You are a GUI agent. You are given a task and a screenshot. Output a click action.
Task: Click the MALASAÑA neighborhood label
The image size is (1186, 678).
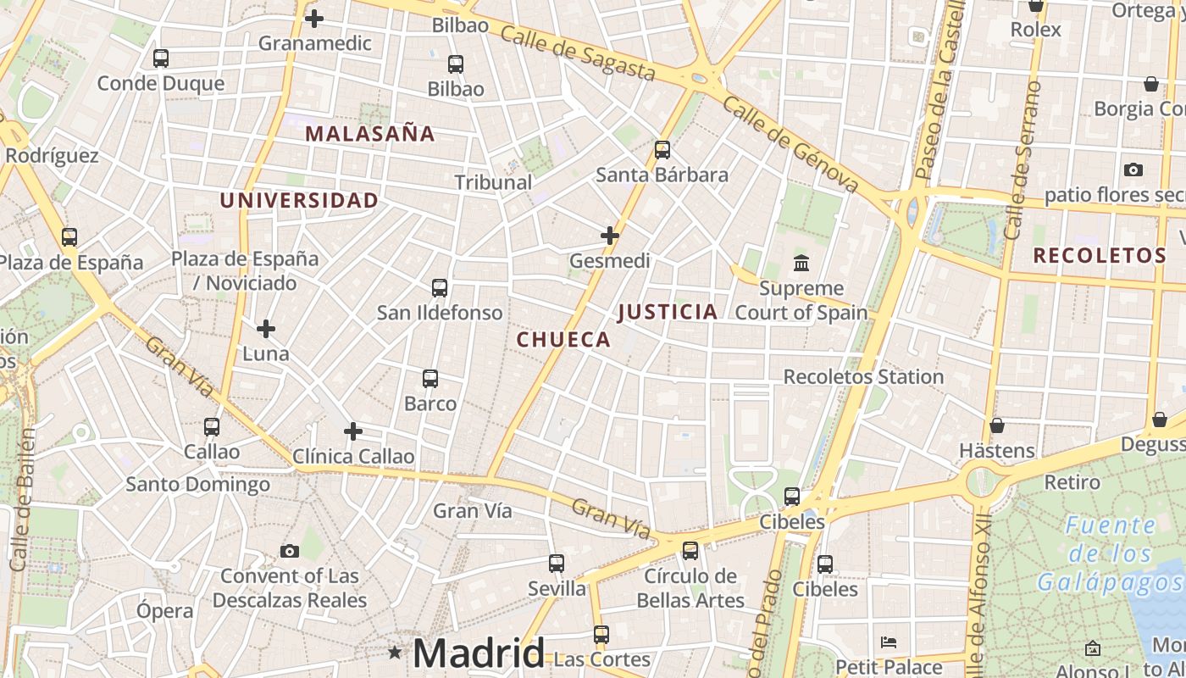click(x=370, y=133)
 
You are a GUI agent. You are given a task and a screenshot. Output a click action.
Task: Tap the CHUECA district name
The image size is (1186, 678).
click(x=563, y=340)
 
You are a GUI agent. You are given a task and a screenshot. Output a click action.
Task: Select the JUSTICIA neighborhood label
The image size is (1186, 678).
click(x=668, y=312)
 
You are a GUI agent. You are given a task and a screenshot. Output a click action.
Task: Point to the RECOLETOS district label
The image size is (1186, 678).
click(x=1100, y=255)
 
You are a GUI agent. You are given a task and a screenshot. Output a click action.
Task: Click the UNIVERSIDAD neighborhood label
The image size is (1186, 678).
click(x=299, y=200)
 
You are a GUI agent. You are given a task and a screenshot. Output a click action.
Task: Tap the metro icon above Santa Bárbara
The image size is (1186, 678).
click(x=662, y=150)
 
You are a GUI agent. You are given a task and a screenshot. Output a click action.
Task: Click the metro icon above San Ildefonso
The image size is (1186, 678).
click(x=439, y=287)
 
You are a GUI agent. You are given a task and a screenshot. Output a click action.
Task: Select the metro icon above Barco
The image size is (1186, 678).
click(x=430, y=378)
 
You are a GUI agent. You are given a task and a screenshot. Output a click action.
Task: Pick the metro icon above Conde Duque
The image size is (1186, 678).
click(x=161, y=58)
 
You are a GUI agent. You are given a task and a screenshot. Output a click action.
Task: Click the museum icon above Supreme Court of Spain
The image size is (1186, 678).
click(x=801, y=263)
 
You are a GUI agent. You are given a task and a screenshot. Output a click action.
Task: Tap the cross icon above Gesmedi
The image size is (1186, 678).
click(x=610, y=235)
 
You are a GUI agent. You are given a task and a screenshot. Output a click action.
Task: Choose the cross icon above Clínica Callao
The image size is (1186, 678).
click(x=353, y=431)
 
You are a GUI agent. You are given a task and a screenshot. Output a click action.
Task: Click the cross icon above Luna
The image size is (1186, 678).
click(x=266, y=328)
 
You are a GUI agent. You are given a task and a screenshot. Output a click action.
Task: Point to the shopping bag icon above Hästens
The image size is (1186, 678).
click(x=997, y=425)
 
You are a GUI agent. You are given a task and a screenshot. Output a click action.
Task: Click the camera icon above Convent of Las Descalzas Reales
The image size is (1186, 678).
click(x=290, y=552)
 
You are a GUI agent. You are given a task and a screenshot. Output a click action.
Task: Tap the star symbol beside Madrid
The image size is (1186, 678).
click(x=395, y=653)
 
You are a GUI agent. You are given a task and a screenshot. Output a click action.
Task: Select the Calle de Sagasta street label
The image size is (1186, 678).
click(x=578, y=53)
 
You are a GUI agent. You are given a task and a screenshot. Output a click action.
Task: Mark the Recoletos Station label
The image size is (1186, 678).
click(x=863, y=376)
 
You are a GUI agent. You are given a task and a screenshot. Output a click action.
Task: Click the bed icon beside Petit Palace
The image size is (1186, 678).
click(x=889, y=642)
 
